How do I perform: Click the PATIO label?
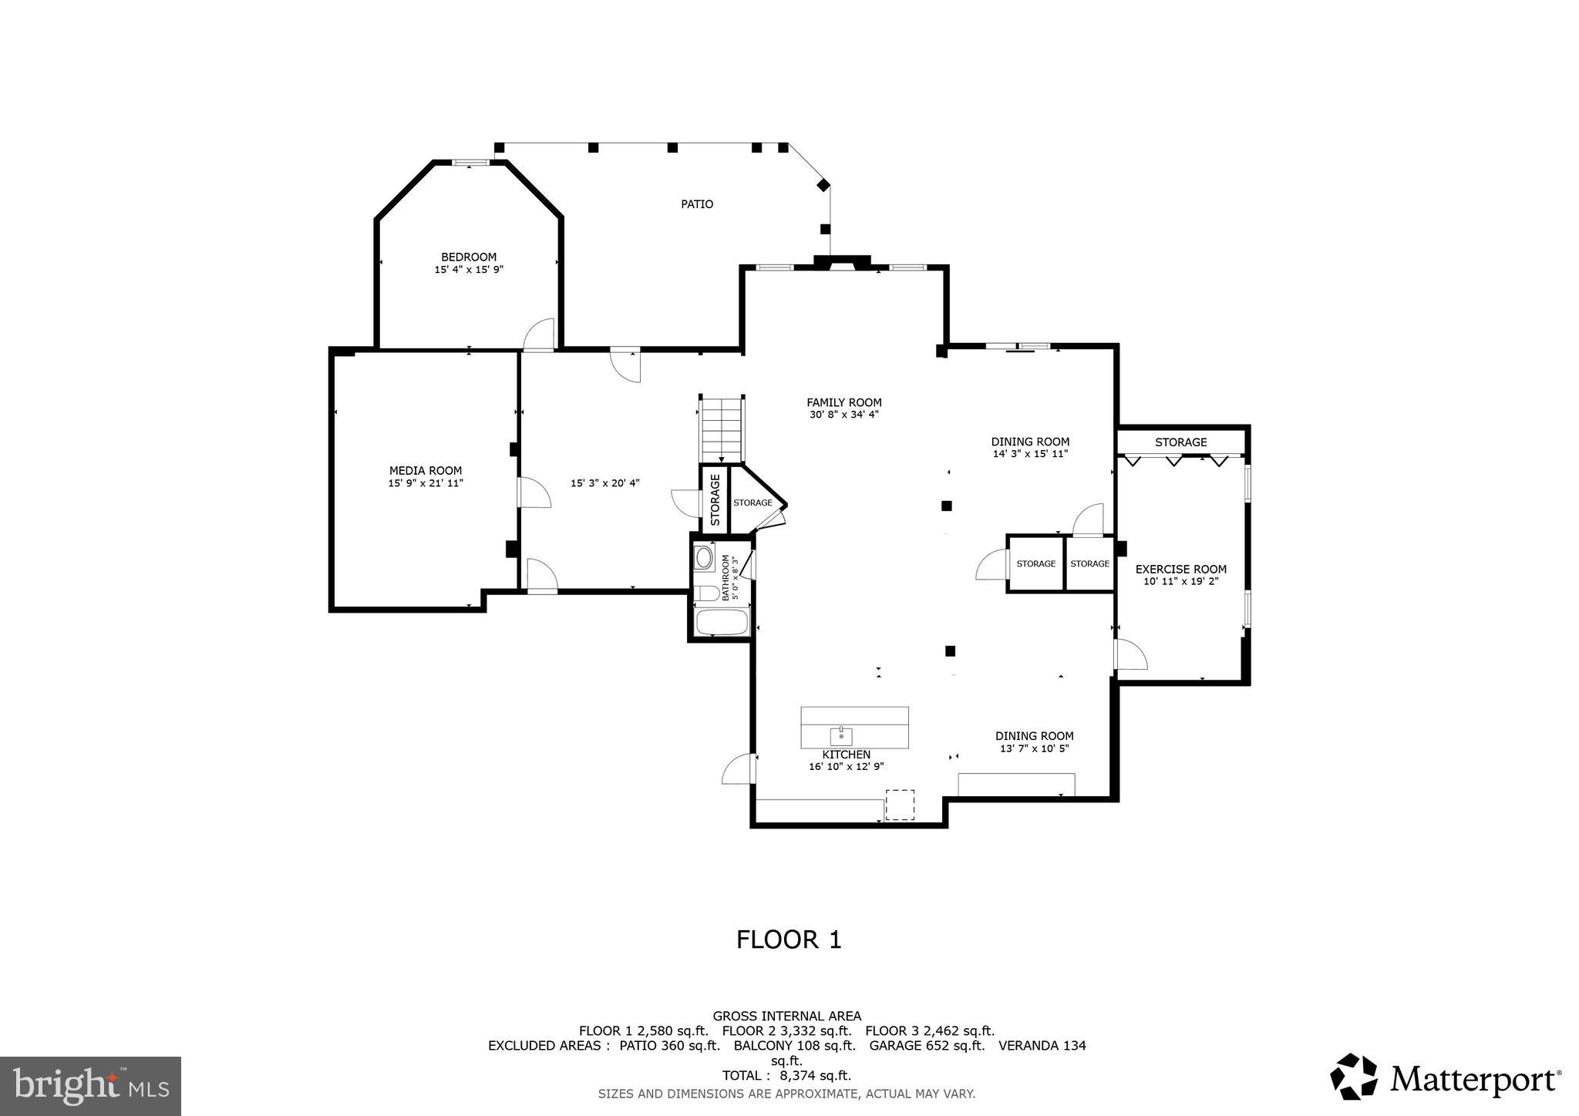pos(696,204)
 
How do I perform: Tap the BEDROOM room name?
pos(468,257)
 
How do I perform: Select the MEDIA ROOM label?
pos(426,470)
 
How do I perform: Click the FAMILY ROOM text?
pos(843,402)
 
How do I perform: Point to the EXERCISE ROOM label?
pos(1180,570)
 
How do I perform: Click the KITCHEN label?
pos(846,755)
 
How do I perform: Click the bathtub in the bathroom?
pos(722,621)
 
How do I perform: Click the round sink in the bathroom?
pos(703,557)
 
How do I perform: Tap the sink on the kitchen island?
pos(840,735)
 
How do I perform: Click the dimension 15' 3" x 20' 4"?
pos(605,483)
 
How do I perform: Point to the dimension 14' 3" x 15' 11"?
pos(1030,454)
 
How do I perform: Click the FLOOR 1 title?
pos(789,940)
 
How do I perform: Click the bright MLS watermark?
pos(90,1086)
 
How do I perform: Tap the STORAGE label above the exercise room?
pos(1180,442)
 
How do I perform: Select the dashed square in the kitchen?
pos(899,804)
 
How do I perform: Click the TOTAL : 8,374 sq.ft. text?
pos(786,1075)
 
